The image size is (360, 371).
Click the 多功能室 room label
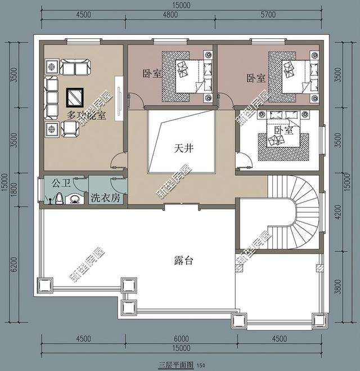coord(86,115)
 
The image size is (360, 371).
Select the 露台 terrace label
coord(183,261)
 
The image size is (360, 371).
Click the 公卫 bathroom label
coord(60,184)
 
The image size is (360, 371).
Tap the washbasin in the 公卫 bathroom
coord(74,199)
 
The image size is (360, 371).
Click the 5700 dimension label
coord(269,16)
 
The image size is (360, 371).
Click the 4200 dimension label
coord(337,213)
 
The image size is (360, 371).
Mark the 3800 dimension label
coord(337,288)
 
